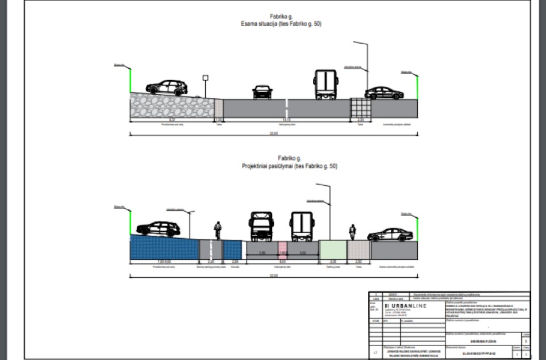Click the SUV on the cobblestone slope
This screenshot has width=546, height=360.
point(167,87)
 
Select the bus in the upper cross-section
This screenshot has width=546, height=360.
point(325,85)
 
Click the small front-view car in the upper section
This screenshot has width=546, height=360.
point(262,92)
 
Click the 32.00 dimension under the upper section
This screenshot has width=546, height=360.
point(274,133)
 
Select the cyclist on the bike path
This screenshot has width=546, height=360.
point(217,229)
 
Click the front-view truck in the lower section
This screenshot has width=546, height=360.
point(262,227)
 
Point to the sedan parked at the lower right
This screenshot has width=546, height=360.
point(390,235)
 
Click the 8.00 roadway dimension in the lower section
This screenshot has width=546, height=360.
point(282,259)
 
